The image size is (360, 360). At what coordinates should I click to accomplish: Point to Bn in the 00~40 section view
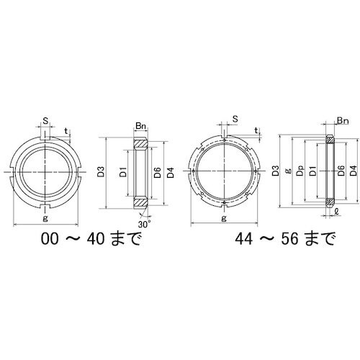(x=142, y=127)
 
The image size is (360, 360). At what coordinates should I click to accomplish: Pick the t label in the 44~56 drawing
(x=257, y=131)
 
